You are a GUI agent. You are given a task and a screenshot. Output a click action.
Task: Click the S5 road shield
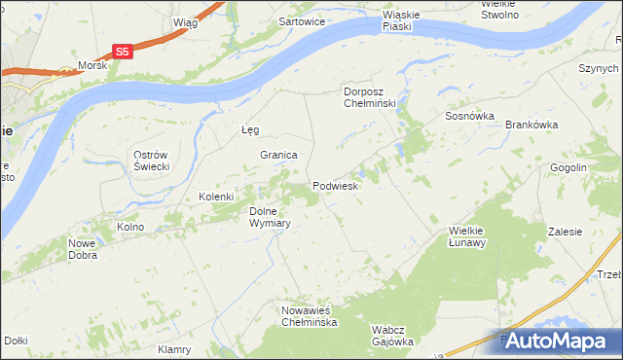[x=122, y=52]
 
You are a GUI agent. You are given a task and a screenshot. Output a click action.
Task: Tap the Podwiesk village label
[x=337, y=185]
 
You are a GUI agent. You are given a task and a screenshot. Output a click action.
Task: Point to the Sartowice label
[x=302, y=20]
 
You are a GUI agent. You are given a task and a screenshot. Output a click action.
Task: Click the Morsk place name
[x=92, y=66]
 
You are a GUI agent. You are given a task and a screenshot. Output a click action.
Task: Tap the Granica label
[x=277, y=155]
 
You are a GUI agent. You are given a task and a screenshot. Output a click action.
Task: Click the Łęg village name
[x=250, y=130]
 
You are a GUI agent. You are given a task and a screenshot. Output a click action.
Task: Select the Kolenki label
[x=217, y=197]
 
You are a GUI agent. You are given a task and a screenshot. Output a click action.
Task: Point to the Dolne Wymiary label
[x=271, y=216]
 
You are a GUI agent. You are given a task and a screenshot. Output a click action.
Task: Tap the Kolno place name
[x=130, y=227]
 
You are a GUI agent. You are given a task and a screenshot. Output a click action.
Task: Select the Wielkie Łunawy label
[x=467, y=236]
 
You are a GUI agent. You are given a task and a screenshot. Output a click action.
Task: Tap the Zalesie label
[x=565, y=232]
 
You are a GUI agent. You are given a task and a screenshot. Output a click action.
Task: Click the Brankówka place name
[x=531, y=125]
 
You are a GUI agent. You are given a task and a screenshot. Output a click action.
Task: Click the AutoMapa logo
[x=558, y=341]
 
